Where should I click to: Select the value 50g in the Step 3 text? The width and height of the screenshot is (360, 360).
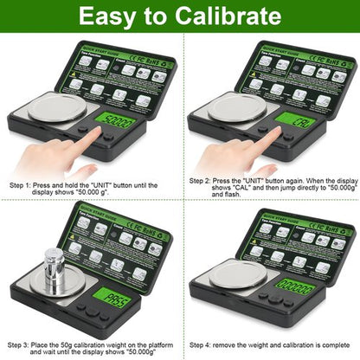coord(80,344)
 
